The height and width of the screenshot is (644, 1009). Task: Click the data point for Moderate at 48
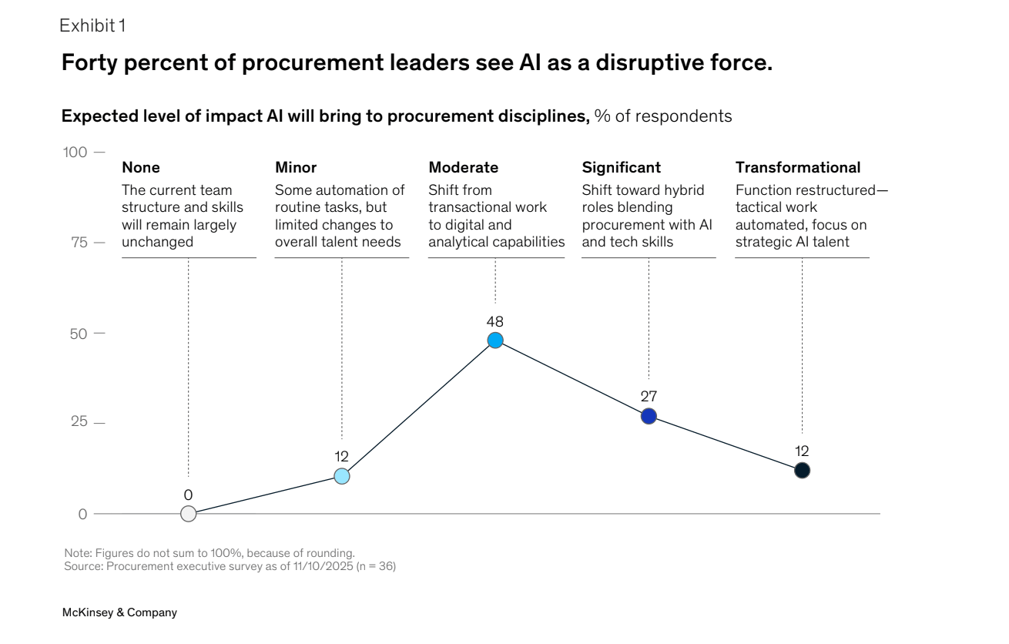click(495, 340)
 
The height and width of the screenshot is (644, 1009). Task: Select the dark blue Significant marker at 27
click(649, 416)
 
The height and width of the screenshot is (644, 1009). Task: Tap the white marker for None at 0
click(188, 514)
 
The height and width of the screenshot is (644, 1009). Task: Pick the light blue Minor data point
click(342, 476)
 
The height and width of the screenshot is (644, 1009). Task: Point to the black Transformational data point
click(802, 471)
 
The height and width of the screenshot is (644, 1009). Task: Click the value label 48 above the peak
click(495, 321)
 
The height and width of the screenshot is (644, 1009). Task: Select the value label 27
click(649, 396)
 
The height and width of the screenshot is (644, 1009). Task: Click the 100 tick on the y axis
click(75, 152)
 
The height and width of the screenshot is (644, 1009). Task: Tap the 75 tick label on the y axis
click(79, 243)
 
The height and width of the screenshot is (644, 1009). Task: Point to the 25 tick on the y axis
click(79, 422)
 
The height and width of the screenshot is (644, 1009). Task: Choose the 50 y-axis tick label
click(79, 333)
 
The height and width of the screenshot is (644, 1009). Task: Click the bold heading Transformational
click(798, 168)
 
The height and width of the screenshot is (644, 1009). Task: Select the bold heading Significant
click(621, 168)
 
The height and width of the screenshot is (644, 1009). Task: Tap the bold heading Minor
click(296, 168)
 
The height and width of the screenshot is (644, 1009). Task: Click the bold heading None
click(141, 168)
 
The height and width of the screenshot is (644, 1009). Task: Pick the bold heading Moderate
click(463, 168)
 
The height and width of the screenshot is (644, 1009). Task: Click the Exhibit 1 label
click(92, 25)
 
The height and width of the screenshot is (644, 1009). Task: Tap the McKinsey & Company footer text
click(119, 613)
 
